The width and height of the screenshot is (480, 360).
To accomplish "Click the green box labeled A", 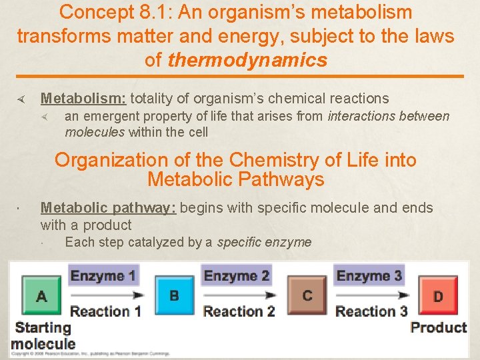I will [41, 296].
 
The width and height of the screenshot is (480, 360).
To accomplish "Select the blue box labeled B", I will [174, 295].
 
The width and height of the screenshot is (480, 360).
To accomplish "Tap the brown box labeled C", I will [307, 295].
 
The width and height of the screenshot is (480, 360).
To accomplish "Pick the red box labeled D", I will [438, 296].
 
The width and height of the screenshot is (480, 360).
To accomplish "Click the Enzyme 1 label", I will [103, 275].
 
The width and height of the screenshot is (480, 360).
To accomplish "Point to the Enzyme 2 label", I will [236, 275].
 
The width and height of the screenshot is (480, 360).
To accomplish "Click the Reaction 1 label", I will [105, 311].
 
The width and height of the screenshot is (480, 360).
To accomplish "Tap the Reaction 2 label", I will [239, 311].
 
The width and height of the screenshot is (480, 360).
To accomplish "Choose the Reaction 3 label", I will [371, 311].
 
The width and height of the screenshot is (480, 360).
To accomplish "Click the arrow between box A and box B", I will [106, 294].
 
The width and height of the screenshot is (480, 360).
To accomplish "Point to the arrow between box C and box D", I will [371, 294].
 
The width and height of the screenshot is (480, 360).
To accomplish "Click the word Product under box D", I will [438, 327].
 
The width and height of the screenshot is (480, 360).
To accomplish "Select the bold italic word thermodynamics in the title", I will [247, 60].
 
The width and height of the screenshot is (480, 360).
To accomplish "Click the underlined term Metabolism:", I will [83, 99].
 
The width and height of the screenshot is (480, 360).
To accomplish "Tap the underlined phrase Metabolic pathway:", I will [108, 208].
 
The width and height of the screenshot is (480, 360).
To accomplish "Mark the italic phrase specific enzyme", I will [264, 242].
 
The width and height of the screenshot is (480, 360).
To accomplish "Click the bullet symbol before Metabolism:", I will [21, 99].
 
